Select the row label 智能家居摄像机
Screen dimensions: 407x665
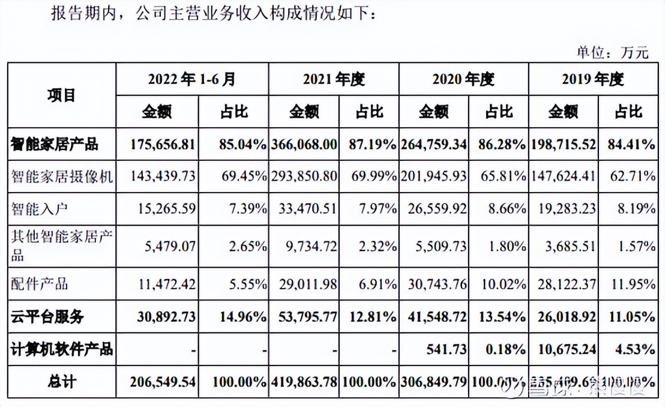click(62, 176)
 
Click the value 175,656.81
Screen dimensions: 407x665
click(163, 145)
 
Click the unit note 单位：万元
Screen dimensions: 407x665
click(612, 52)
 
